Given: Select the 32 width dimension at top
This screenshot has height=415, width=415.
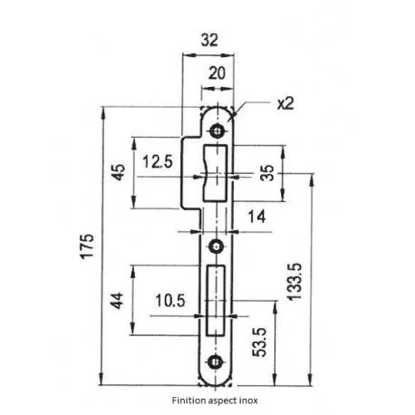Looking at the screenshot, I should [x=208, y=41].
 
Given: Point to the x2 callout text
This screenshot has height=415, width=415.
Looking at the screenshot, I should [x=285, y=103].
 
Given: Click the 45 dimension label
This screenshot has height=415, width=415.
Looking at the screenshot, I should [x=117, y=173].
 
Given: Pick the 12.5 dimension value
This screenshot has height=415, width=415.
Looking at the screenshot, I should [x=158, y=164].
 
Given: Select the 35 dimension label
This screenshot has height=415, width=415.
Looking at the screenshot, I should [x=266, y=173].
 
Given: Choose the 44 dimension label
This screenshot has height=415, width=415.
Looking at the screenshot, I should [x=117, y=300].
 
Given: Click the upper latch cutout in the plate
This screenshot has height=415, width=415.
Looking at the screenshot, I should [x=217, y=172].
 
